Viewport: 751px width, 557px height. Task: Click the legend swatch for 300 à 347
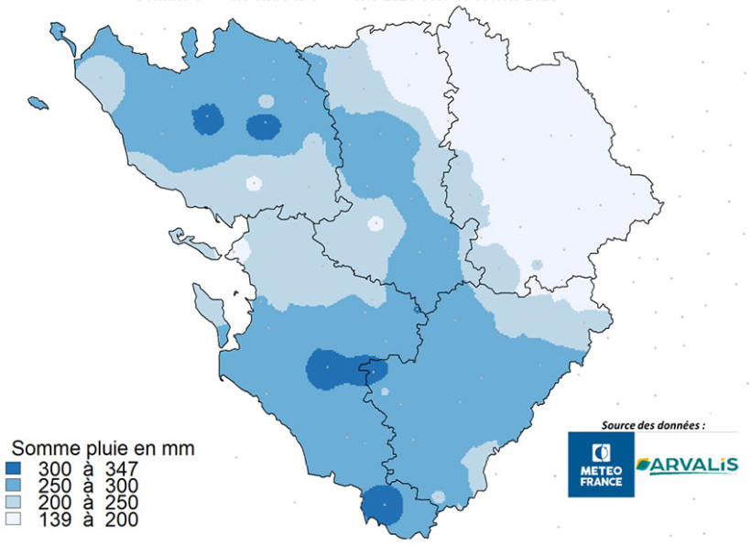[23, 468]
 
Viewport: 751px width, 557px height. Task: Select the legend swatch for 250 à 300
[23, 486]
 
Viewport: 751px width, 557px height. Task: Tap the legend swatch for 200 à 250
[23, 503]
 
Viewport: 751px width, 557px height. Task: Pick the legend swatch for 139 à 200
[23, 520]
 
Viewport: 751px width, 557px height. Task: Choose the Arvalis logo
[687, 465]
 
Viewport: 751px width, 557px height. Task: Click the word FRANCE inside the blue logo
[601, 482]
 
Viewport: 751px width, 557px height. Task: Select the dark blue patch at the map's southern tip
[382, 505]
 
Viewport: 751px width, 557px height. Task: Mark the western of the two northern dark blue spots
[208, 119]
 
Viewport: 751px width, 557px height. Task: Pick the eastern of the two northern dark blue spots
[264, 126]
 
